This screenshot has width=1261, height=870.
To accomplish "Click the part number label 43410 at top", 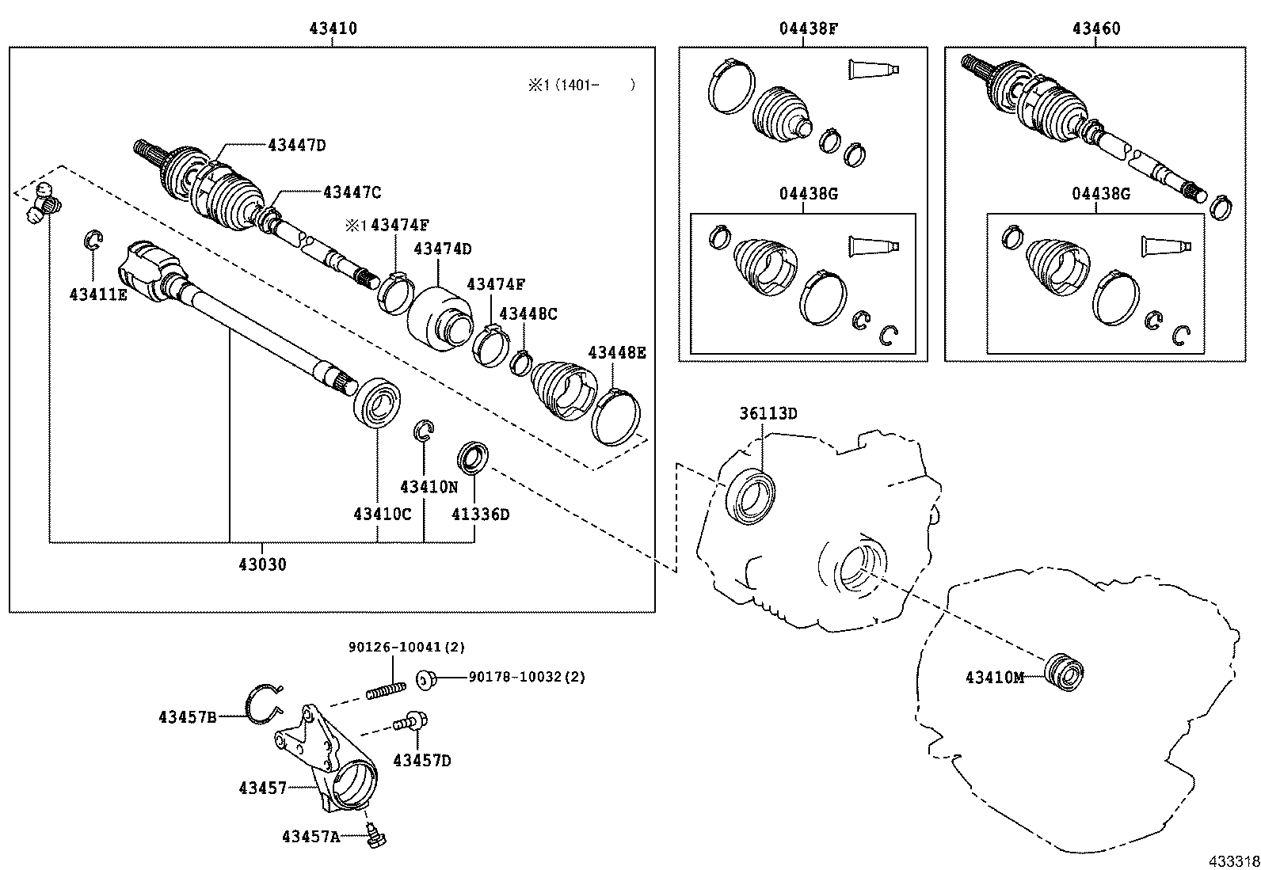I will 333,28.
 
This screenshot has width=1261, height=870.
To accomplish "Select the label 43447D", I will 297,145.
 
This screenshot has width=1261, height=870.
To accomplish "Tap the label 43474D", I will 442,249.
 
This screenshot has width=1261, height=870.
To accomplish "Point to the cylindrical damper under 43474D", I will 438,317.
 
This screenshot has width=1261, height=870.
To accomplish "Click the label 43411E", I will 98,294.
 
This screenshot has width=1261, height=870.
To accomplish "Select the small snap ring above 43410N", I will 425,430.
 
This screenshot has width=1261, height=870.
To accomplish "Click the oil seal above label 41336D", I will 474,458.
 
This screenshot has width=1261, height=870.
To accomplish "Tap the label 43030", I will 262,564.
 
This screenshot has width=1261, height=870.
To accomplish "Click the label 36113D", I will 768,413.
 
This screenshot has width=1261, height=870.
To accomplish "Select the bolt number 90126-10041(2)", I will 407,647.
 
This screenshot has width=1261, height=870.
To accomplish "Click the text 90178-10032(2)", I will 527,677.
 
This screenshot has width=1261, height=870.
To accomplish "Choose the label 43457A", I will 310,836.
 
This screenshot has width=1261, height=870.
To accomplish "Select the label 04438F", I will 808,28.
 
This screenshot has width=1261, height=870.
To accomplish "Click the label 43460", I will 1096,28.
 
